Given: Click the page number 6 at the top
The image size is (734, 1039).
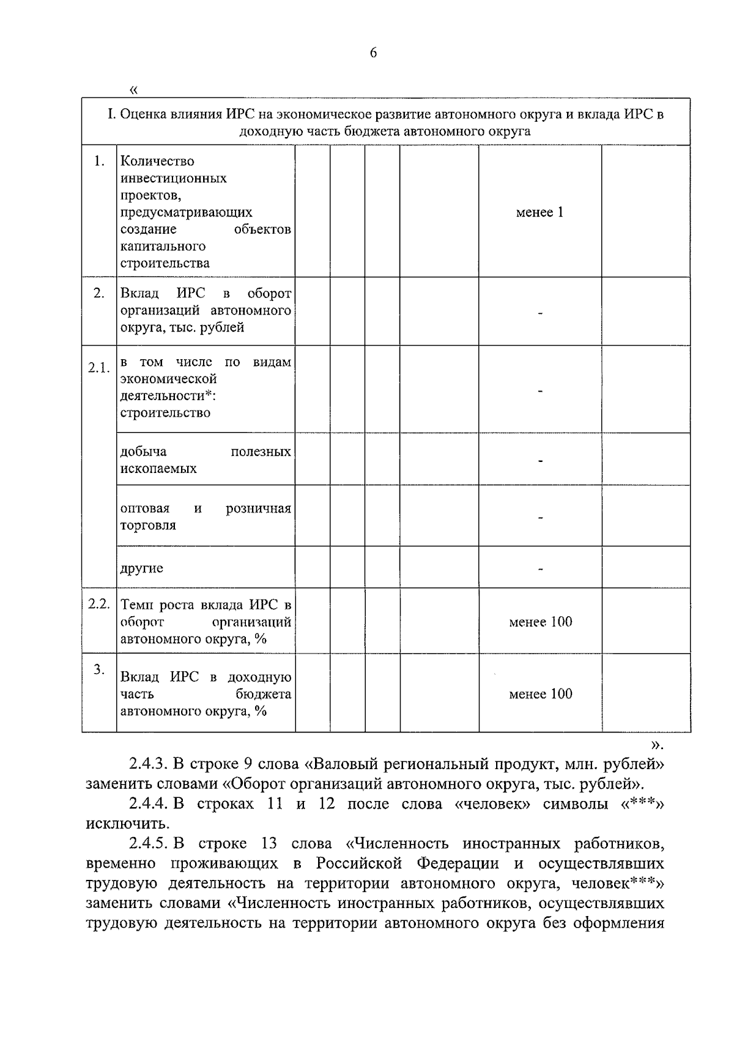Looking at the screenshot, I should (x=373, y=53).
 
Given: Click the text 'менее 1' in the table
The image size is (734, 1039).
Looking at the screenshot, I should (x=539, y=212).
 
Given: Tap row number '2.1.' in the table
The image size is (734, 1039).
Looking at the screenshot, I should (x=98, y=368).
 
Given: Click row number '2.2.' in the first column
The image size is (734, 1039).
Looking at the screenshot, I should (x=98, y=604).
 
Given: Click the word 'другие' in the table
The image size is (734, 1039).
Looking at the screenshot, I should (x=142, y=568).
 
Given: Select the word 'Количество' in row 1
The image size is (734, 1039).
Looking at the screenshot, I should (x=157, y=162).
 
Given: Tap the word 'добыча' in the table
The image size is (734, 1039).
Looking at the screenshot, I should (x=143, y=452).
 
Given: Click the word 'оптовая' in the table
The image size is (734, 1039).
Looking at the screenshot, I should (x=145, y=508).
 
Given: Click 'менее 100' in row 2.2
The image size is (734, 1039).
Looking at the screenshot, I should (x=540, y=622).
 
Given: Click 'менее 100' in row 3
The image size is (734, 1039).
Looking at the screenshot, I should (x=540, y=694).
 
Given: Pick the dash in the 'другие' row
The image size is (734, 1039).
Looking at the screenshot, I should (x=540, y=569).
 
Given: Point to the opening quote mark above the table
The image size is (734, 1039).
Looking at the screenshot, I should (x=135, y=90).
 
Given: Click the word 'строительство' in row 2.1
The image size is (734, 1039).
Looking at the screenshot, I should (x=165, y=413).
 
